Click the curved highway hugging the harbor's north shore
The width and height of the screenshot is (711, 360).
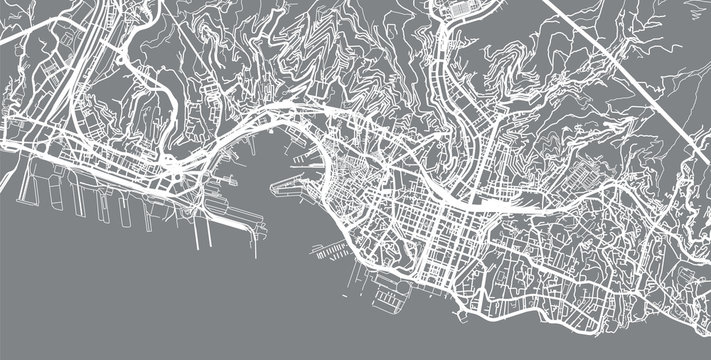click(x=240, y=130)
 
